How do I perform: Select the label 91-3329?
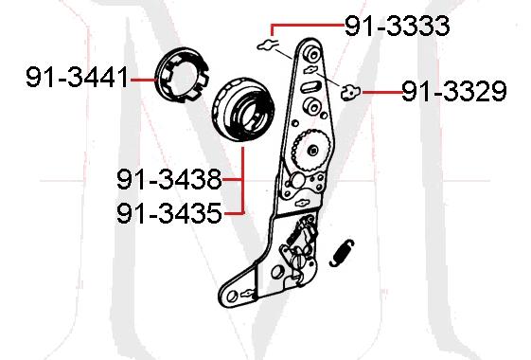pyautogui.click(x=453, y=92)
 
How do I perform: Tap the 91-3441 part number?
pyautogui.click(x=77, y=80)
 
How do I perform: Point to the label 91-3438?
pyautogui.click(x=169, y=178)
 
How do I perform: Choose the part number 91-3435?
pyautogui.click(x=169, y=212)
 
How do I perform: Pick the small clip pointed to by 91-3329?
pyautogui.click(x=351, y=92)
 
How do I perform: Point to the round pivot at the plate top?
pyautogui.click(x=310, y=53)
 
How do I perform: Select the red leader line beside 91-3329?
pyautogui.click(x=379, y=92)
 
